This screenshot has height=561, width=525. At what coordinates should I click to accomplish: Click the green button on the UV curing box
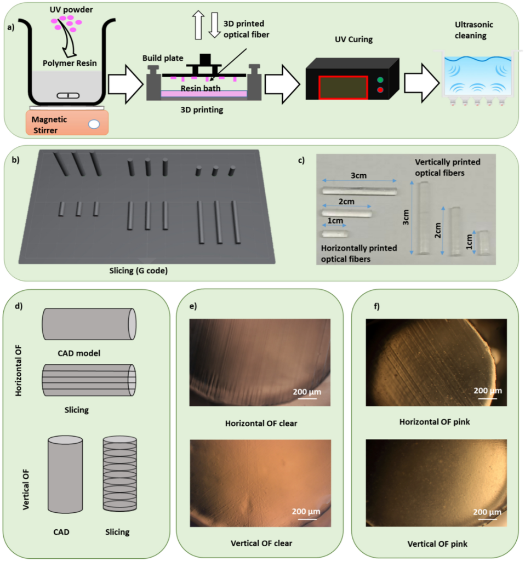380,79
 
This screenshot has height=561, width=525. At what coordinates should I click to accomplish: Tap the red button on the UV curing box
380,90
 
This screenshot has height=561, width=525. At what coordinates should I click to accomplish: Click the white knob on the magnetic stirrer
94,124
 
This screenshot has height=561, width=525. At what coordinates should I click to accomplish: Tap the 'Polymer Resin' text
70,63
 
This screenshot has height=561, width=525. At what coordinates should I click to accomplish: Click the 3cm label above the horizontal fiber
359,175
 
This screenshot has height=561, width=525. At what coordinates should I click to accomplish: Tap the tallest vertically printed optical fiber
423,218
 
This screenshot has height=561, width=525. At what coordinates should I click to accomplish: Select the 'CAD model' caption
88,353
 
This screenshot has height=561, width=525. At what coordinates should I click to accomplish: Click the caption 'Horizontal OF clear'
260,423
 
